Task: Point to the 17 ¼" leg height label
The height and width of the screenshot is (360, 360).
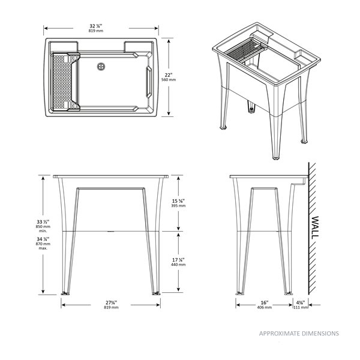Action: (178, 259)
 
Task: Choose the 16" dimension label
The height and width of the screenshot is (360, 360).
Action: (264, 302)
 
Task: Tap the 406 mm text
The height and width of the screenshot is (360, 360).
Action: (264, 308)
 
